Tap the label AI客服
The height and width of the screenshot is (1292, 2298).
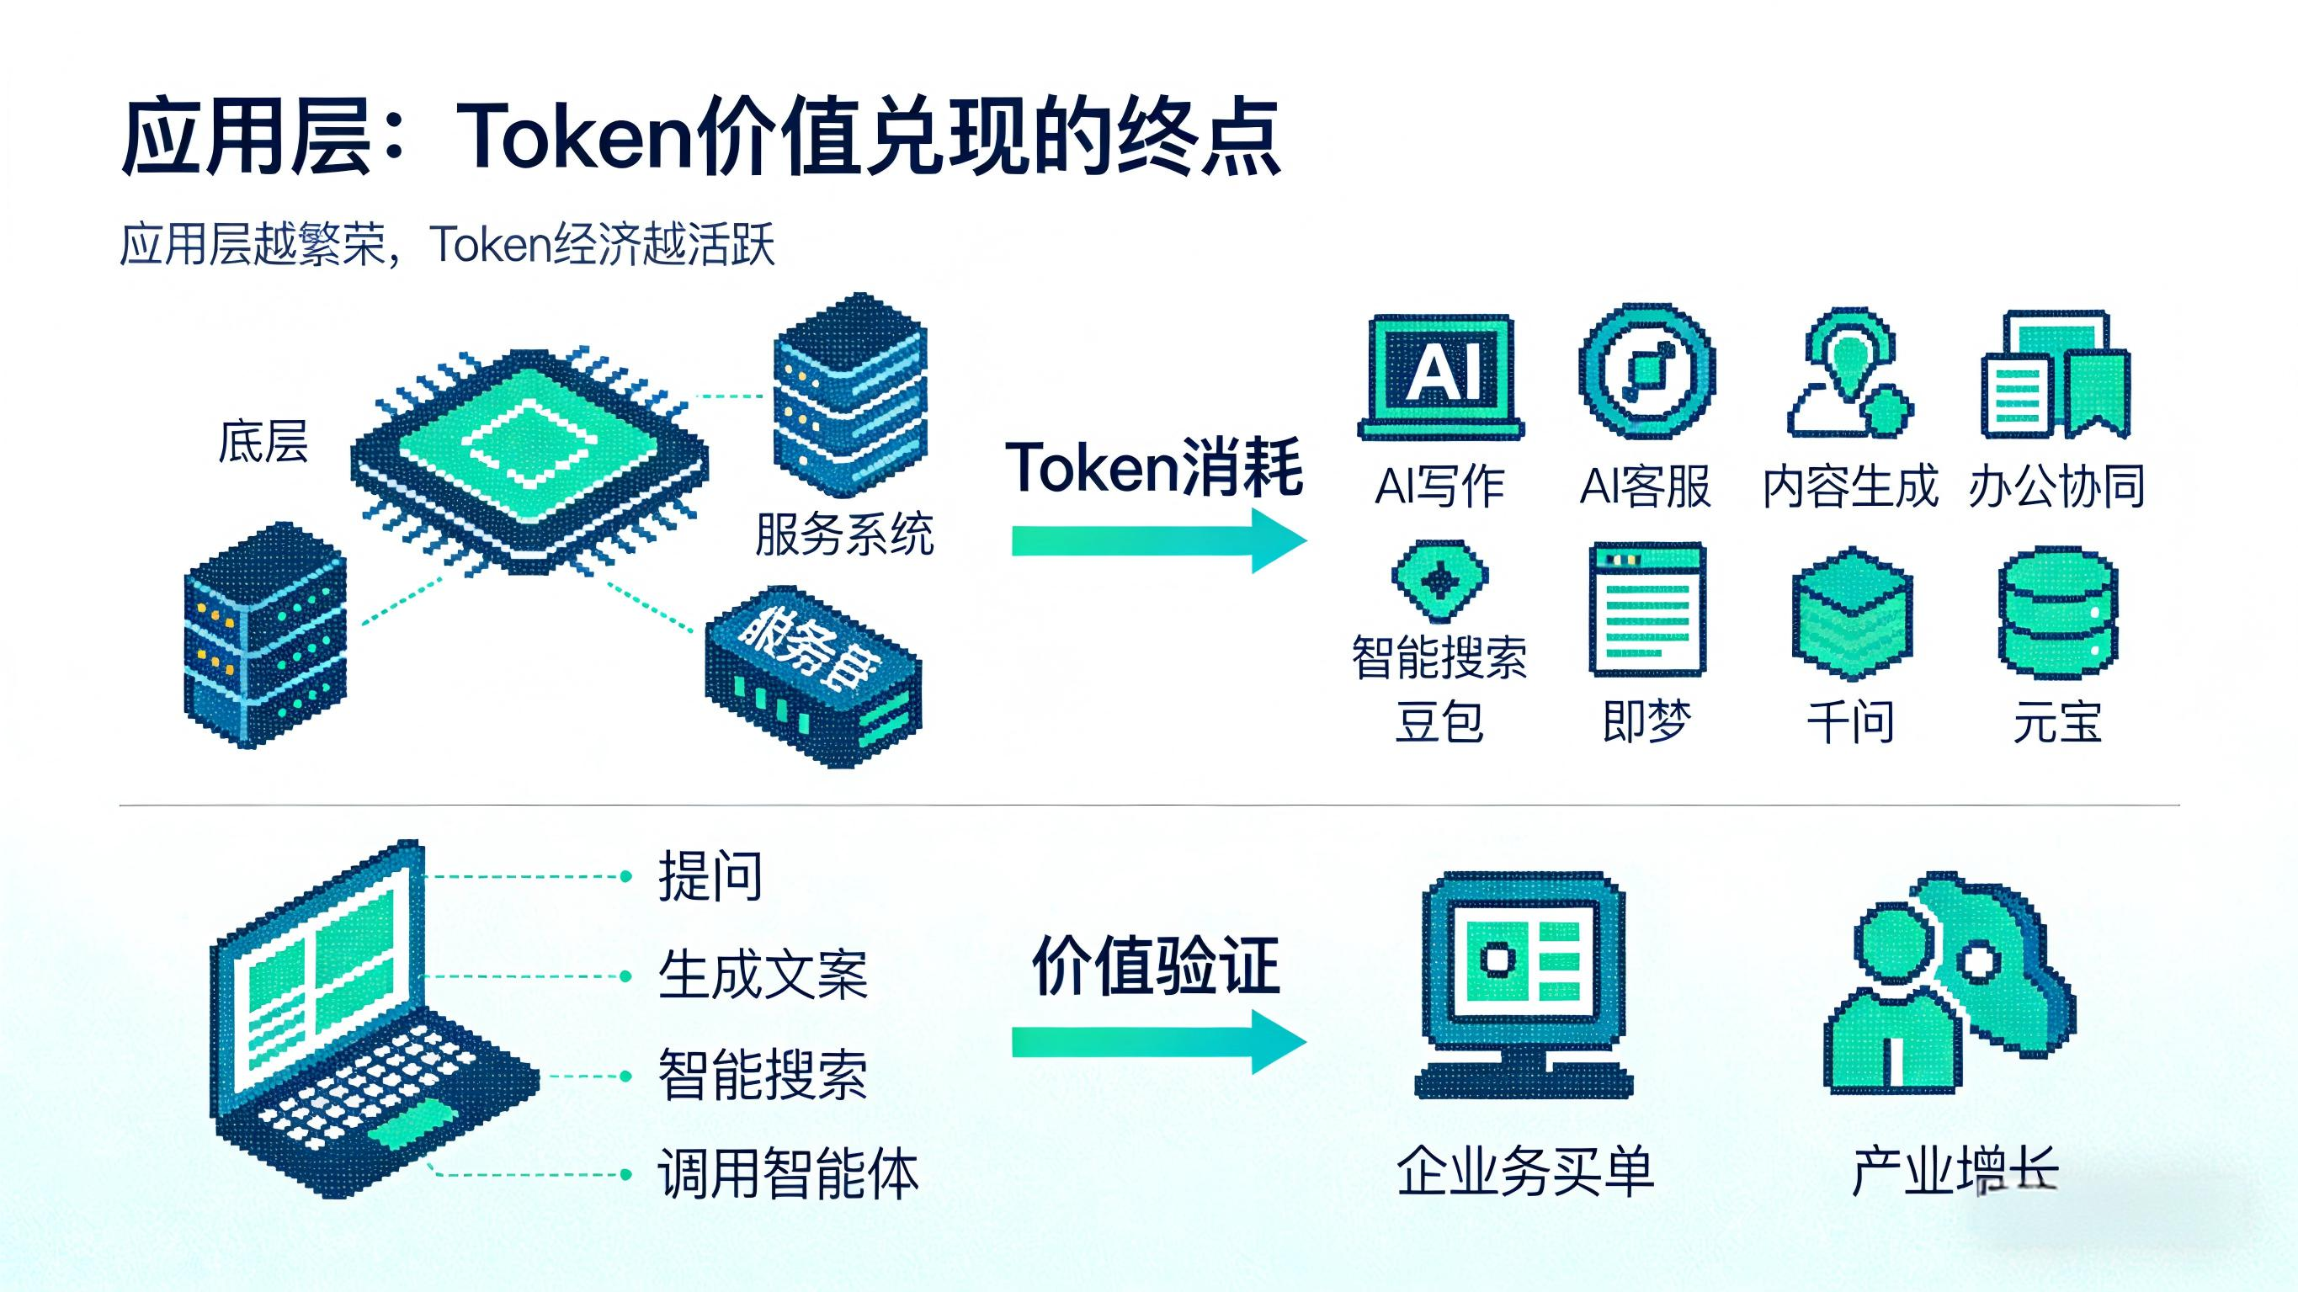(x=1645, y=487)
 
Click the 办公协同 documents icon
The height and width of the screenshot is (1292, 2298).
(x=2056, y=375)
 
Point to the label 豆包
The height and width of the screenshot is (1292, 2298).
(x=1439, y=722)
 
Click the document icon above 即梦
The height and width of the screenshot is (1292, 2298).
(x=1646, y=609)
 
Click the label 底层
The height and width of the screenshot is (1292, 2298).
(x=263, y=443)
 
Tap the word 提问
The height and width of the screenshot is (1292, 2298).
(x=710, y=876)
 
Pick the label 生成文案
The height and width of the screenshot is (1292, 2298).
(x=763, y=976)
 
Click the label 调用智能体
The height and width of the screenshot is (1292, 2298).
(x=788, y=1173)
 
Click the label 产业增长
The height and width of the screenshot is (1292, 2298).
(x=1955, y=1171)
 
